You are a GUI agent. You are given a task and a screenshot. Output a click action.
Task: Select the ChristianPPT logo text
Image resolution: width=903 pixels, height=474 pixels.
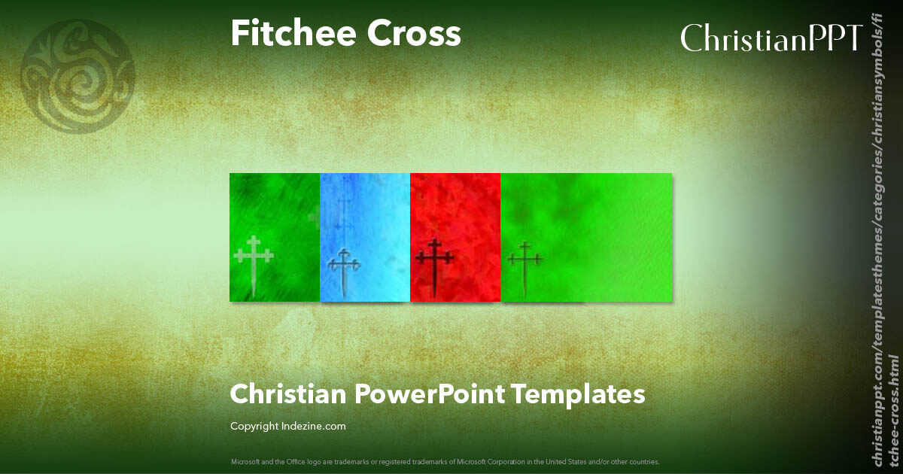point(771,38)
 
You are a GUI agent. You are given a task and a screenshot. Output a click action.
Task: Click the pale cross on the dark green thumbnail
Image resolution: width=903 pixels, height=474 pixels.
point(254,263)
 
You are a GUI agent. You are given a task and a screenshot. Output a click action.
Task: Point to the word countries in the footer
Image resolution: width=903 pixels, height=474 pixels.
point(646,461)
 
